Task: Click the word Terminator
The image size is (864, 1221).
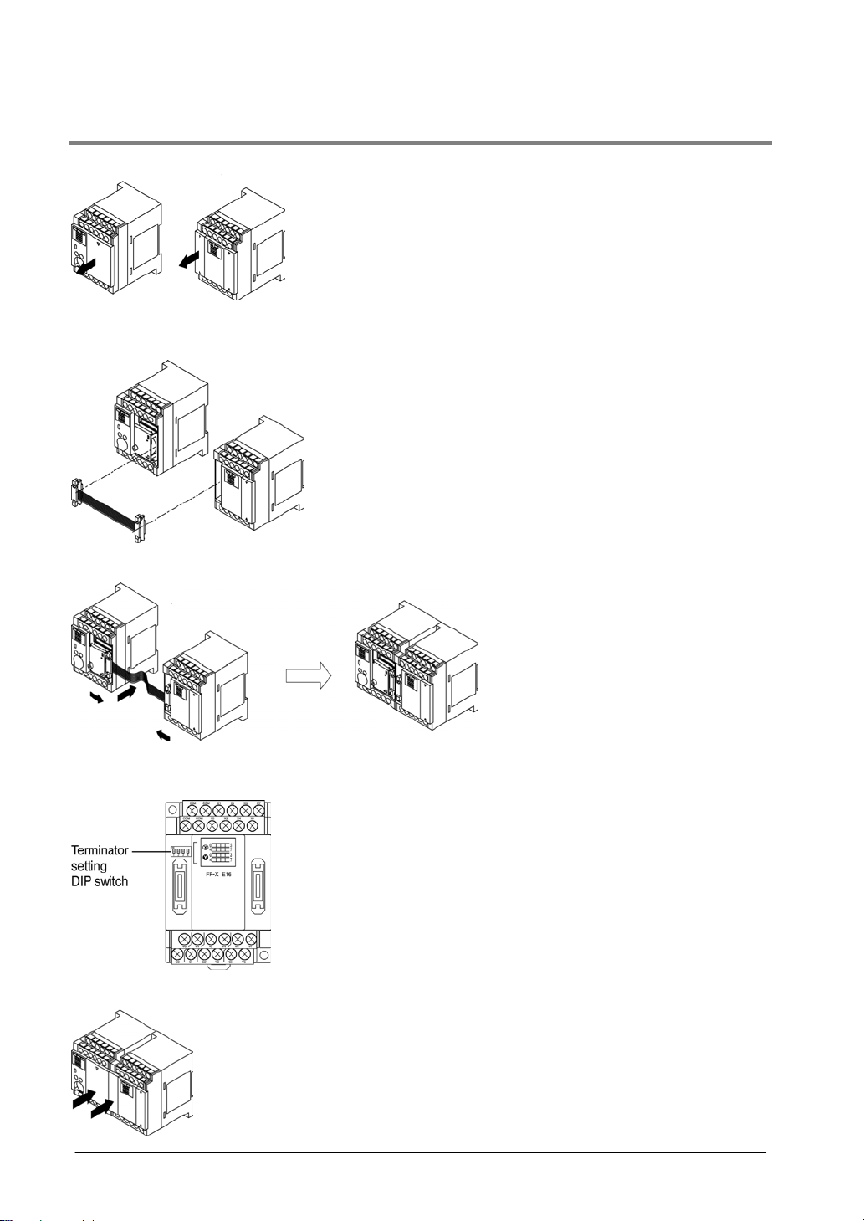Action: tap(100, 850)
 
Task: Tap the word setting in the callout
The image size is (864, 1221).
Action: tap(89, 865)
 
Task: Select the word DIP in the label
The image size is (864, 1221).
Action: tap(81, 881)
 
